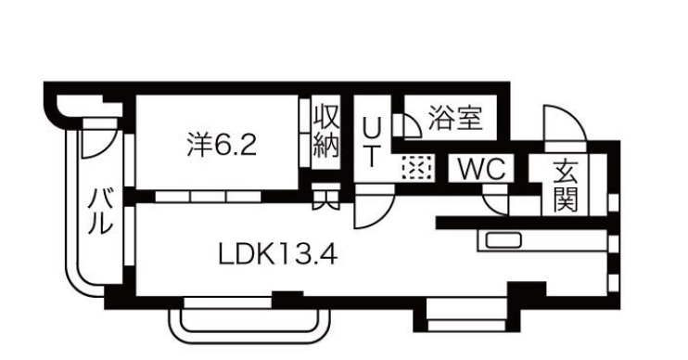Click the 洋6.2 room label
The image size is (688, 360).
(220, 146)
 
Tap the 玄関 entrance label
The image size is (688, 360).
(566, 185)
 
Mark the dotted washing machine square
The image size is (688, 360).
(415, 168)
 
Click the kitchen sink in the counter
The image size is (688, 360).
(502, 241)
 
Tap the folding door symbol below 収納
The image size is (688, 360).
(325, 198)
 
